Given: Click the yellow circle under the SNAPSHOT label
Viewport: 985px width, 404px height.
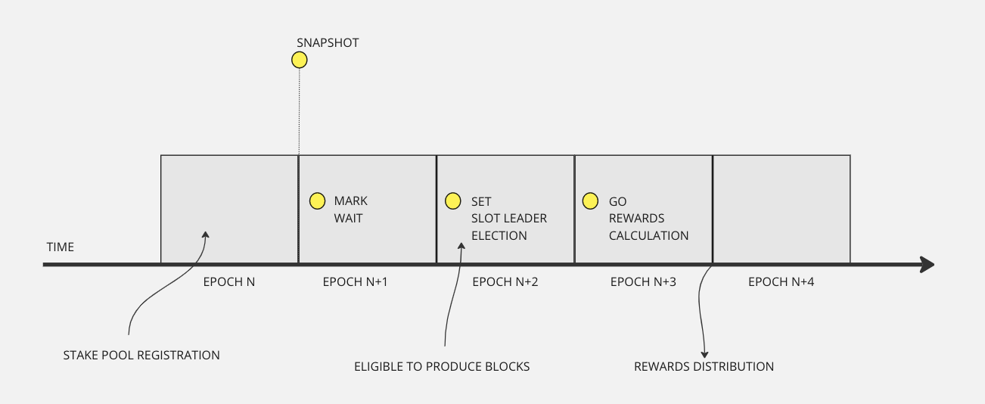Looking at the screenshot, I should click(300, 60).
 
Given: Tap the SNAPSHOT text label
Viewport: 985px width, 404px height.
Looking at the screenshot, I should click(328, 42).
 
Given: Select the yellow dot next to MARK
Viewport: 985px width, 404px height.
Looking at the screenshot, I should click(318, 200).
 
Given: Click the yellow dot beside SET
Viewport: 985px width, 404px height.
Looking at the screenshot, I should click(452, 200).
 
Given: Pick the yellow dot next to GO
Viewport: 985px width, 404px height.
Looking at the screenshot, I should click(590, 200).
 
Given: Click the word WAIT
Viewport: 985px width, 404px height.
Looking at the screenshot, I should click(348, 218).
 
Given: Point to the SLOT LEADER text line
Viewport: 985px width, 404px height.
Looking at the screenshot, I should click(508, 218).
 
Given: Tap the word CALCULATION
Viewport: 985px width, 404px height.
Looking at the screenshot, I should click(648, 235).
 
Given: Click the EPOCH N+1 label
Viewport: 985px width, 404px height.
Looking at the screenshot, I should click(356, 282).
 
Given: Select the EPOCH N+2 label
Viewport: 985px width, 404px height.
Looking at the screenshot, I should click(505, 282).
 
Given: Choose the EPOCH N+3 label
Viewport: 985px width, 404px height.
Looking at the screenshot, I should click(643, 282).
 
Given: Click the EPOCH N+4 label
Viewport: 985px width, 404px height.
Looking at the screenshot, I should click(781, 282).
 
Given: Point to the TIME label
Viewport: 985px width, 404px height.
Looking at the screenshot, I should click(61, 247).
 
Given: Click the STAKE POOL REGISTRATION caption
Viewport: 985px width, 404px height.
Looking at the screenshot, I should click(141, 355).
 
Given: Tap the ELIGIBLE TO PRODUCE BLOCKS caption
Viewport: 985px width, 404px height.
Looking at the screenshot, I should click(442, 367).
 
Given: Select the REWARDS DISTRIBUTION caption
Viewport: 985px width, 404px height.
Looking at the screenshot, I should click(704, 367).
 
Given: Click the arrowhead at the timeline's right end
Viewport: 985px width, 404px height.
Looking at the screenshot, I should click(927, 265).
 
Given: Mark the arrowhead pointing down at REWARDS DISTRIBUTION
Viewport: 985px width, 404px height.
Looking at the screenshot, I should click(705, 353).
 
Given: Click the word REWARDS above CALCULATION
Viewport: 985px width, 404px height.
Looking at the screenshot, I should click(637, 218).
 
